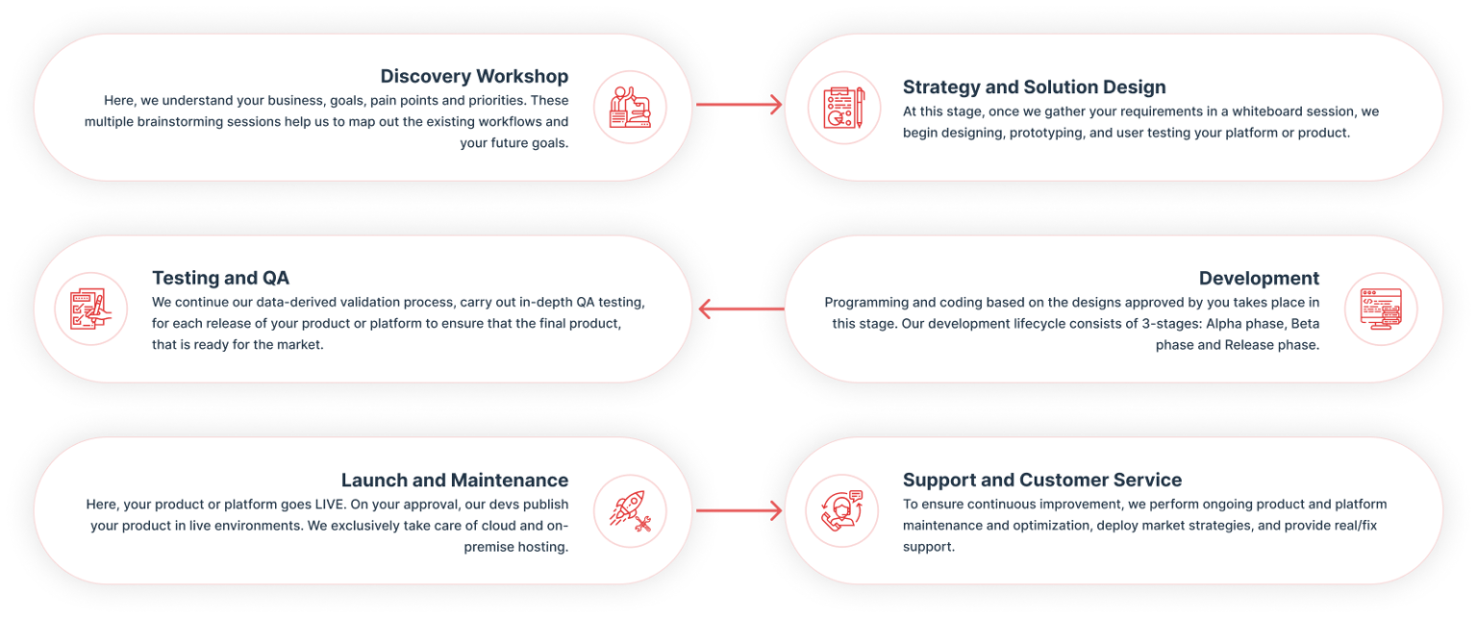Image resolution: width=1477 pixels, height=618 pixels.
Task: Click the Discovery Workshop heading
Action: pos(474,76)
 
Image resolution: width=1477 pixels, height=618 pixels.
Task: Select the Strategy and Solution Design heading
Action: pos(1034,87)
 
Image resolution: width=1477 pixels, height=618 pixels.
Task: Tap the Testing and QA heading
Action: pos(220,278)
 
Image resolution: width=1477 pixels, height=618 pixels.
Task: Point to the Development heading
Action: pos(1259,278)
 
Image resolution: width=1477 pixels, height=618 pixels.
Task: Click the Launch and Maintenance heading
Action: pos(455,480)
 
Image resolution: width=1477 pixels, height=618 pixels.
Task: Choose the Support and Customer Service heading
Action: pos(1042,480)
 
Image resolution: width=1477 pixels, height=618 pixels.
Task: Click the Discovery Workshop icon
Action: pos(630,107)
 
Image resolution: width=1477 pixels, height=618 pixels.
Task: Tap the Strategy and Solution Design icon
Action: pos(843,108)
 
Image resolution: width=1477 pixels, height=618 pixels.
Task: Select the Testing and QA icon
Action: pos(91,309)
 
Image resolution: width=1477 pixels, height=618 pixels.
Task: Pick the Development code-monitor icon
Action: pos(1381,309)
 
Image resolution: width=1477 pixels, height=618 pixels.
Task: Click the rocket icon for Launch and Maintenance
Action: pos(630,510)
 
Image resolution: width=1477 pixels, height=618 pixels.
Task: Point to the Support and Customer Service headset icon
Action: pos(843,510)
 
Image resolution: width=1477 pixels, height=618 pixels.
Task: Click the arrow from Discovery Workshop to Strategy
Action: pos(738,105)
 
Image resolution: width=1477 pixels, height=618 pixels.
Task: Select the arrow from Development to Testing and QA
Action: pos(738,309)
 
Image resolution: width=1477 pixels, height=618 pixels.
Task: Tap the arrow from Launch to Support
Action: pos(738,510)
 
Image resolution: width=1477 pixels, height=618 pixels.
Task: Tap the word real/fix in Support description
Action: pos(1357,526)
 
